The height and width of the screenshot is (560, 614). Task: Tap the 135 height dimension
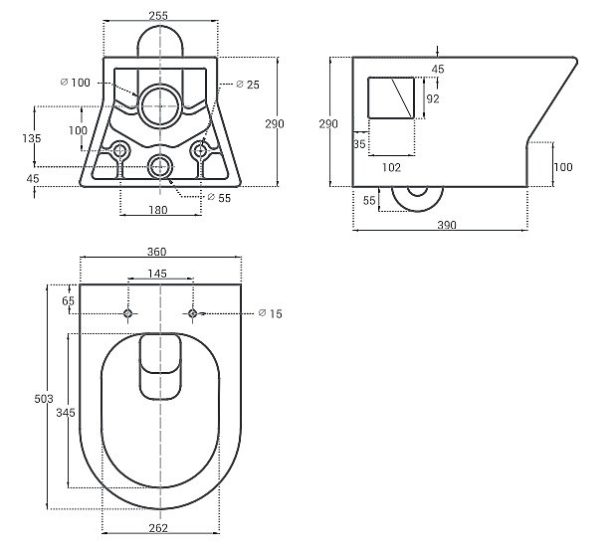coord(33,138)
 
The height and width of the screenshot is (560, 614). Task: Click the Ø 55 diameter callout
coord(220,197)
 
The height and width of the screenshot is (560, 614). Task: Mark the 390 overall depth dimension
coord(446,226)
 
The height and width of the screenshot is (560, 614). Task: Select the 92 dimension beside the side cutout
coord(432,99)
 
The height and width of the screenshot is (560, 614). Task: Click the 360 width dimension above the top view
coord(158,252)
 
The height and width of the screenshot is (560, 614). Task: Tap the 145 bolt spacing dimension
coord(157,274)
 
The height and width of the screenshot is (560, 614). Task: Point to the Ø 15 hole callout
coord(270,314)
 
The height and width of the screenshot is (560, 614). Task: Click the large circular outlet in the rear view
coord(159,105)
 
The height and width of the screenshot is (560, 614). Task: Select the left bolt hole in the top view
coord(127,314)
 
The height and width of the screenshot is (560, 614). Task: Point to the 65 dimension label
coord(68,299)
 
